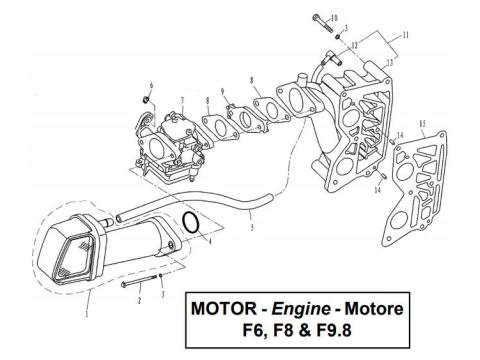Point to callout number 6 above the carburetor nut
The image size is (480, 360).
click(x=151, y=84)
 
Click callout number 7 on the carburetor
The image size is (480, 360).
click(x=183, y=99)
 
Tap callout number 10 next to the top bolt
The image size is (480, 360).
click(x=334, y=18)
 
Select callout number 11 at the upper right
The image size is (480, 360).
click(x=404, y=34)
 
